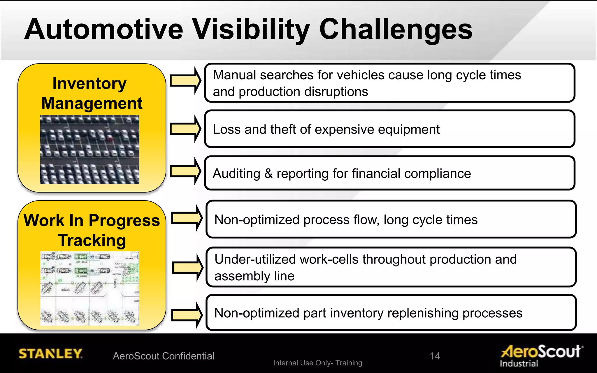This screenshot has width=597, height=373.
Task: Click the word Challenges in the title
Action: (x=396, y=30)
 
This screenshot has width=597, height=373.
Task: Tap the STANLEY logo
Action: (x=50, y=354)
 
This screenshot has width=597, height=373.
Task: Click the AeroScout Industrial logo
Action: (x=542, y=355)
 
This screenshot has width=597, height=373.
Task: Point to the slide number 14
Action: (x=435, y=356)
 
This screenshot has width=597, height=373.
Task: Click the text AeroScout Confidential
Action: (x=164, y=356)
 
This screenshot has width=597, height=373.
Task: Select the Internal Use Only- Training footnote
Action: (x=317, y=363)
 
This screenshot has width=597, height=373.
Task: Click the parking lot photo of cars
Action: (x=89, y=149)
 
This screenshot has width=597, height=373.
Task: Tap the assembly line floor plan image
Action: (x=89, y=288)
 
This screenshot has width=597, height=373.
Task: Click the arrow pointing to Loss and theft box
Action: (x=185, y=129)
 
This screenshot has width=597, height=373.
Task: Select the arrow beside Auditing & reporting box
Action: (x=185, y=171)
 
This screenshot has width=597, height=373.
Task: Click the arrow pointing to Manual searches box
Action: (x=185, y=80)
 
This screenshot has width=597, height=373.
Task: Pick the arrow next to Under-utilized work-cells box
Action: (x=187, y=268)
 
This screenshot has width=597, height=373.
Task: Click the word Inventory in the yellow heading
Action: (x=89, y=84)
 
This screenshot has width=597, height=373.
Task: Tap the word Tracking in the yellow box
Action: (x=92, y=241)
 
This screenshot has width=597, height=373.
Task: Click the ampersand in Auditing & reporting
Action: (x=268, y=174)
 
